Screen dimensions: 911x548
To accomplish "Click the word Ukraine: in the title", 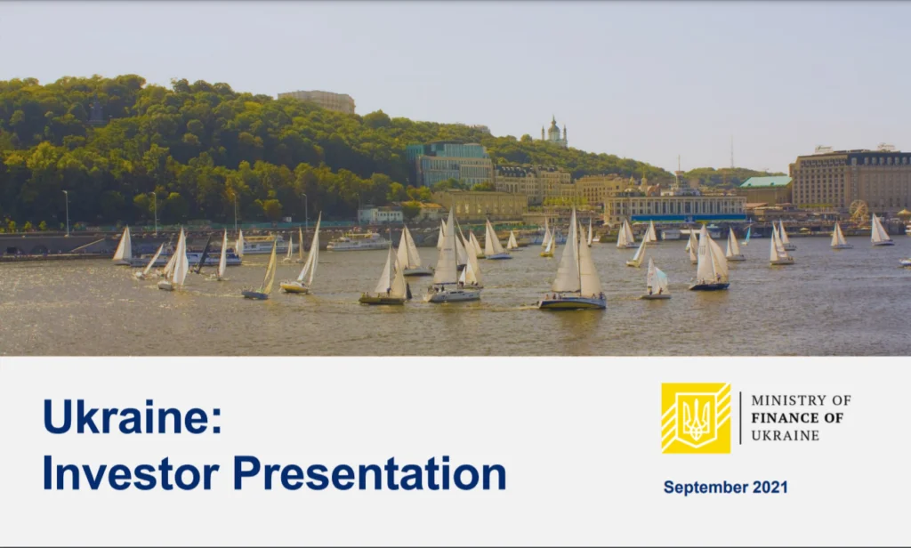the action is click(x=133, y=416).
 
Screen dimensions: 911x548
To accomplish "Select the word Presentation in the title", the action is click(x=369, y=473).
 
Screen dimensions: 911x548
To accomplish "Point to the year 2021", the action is click(x=770, y=487).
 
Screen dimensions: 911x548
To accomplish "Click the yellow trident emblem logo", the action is click(x=696, y=418).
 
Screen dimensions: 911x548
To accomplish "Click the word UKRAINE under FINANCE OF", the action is click(x=785, y=435).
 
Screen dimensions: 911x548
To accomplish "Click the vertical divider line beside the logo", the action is click(x=740, y=418).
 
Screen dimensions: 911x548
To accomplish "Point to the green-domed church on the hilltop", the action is click(x=554, y=133).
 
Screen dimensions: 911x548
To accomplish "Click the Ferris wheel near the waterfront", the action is click(x=859, y=210).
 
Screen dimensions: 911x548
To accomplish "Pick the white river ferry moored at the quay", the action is click(x=359, y=241).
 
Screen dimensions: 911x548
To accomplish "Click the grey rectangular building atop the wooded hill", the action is click(x=317, y=101).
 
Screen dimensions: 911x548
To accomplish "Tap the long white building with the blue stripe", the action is click(x=675, y=209).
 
